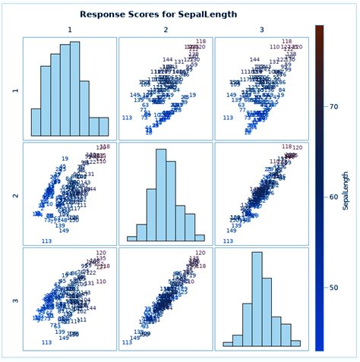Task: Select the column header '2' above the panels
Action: point(166,30)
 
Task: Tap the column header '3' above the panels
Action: point(262,30)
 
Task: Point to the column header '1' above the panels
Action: point(70,30)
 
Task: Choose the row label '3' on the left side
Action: point(14,300)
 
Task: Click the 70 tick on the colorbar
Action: point(326,107)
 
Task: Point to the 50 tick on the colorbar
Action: point(326,288)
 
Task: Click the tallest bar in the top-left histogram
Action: point(74,89)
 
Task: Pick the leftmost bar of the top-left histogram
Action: point(36,122)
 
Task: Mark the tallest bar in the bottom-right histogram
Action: point(257,300)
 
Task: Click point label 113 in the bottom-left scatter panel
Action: point(46,343)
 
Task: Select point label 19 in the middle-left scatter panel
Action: point(65,159)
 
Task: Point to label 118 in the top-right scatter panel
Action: point(286,42)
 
